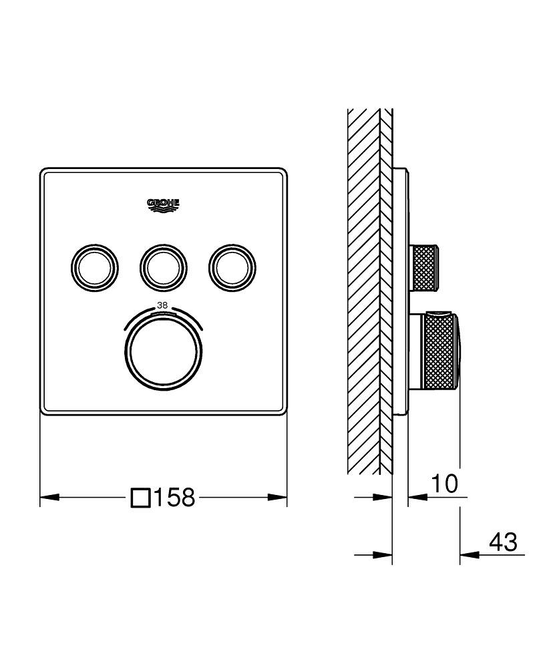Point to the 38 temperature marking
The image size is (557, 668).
[x=162, y=305]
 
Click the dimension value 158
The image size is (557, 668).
[x=174, y=497]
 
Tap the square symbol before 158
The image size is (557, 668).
[x=140, y=498]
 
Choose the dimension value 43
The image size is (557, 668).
[x=503, y=542]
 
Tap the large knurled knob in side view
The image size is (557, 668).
[x=441, y=351]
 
